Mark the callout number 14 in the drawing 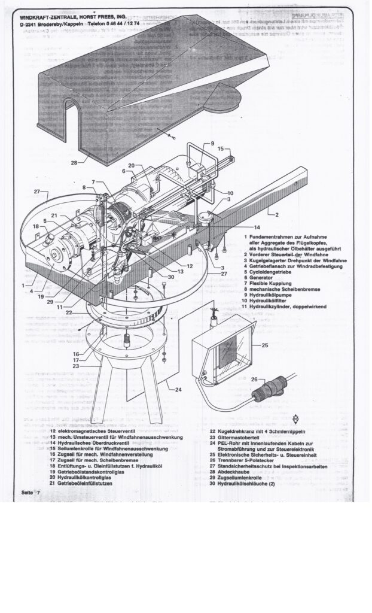tap(257, 227)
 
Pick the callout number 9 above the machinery tap(212, 144)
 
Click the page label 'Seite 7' tap(29, 491)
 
